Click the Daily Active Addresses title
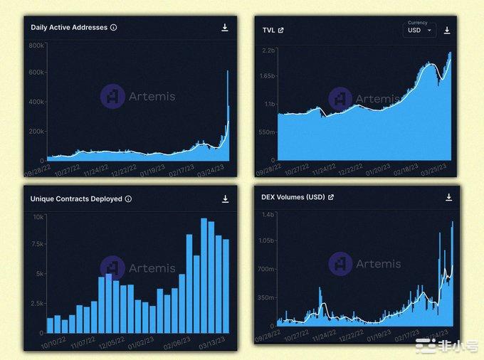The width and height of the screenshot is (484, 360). pyautogui.click(x=69, y=28)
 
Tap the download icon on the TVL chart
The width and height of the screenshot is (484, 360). pyautogui.click(x=447, y=31)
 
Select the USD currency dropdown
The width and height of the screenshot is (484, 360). pyautogui.click(x=419, y=31)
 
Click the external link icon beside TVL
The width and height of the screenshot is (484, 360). pyautogui.click(x=280, y=31)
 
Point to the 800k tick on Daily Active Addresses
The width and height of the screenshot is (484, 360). pyautogui.click(x=37, y=45)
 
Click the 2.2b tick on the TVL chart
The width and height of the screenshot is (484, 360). pyautogui.click(x=268, y=51)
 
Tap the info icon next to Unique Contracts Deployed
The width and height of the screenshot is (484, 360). pyautogui.click(x=128, y=199)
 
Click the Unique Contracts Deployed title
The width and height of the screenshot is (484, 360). pyautogui.click(x=76, y=199)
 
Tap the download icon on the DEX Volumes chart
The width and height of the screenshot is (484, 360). pyautogui.click(x=448, y=197)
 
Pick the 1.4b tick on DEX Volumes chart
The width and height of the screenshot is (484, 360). pyautogui.click(x=267, y=214)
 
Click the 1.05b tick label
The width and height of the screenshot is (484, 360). pyautogui.click(x=265, y=241)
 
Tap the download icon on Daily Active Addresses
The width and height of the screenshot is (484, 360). pyautogui.click(x=225, y=28)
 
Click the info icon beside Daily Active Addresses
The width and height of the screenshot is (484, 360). pyautogui.click(x=114, y=28)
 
